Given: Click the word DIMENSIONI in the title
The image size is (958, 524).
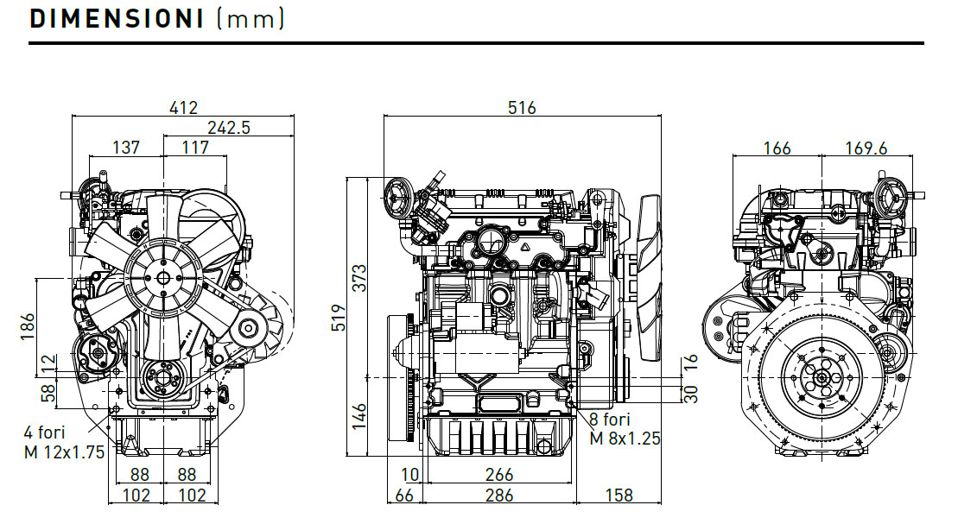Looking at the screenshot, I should (115, 20).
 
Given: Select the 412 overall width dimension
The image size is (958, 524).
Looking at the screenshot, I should (184, 108).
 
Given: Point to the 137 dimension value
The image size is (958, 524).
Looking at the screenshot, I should (126, 148).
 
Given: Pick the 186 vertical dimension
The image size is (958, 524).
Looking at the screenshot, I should (27, 327).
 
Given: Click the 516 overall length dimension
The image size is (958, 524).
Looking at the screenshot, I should (522, 108).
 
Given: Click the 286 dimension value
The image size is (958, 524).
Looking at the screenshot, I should (499, 496).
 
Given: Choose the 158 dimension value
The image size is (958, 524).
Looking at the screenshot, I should (619, 496).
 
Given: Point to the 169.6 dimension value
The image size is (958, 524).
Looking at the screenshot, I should (866, 148).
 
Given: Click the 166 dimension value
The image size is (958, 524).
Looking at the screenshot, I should (777, 148).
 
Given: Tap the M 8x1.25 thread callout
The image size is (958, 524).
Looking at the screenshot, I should (625, 438).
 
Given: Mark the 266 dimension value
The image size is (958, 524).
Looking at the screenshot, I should (499, 475).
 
